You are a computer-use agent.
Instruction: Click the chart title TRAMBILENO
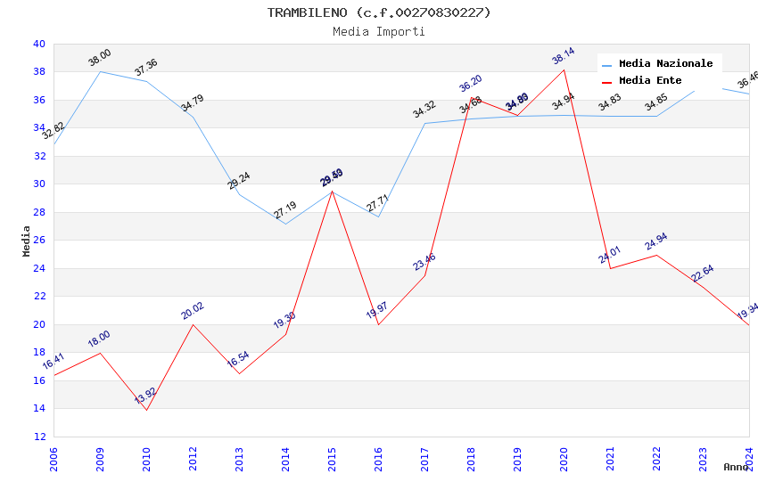point(379,12)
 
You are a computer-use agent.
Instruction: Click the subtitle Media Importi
point(379,31)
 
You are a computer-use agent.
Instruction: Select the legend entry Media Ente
point(650,80)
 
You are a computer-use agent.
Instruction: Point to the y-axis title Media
point(27,241)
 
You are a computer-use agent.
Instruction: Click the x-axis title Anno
point(736,467)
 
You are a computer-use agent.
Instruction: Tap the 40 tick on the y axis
point(38,44)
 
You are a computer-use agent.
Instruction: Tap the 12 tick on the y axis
point(38,437)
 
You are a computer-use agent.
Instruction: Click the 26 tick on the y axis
point(38,241)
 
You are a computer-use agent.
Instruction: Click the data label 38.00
point(100,58)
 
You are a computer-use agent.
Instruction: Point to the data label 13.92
point(145,396)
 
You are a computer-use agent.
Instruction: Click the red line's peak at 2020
point(564,69)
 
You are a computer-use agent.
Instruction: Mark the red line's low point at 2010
point(146,410)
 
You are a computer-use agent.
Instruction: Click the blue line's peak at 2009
point(100,71)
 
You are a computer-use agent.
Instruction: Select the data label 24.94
point(656,241)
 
